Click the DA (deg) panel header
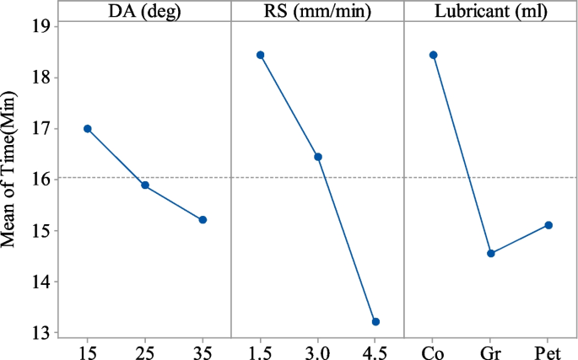point(144,12)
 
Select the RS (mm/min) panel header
point(317,12)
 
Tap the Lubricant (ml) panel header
point(490,12)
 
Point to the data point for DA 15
point(87,129)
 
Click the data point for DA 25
point(145,185)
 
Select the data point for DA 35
point(203,220)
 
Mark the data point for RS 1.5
point(261,56)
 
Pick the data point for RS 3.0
point(318,157)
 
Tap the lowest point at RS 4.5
point(375,322)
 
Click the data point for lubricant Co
point(434,56)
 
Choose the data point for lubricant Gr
point(491,254)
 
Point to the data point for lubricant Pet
point(548,225)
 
